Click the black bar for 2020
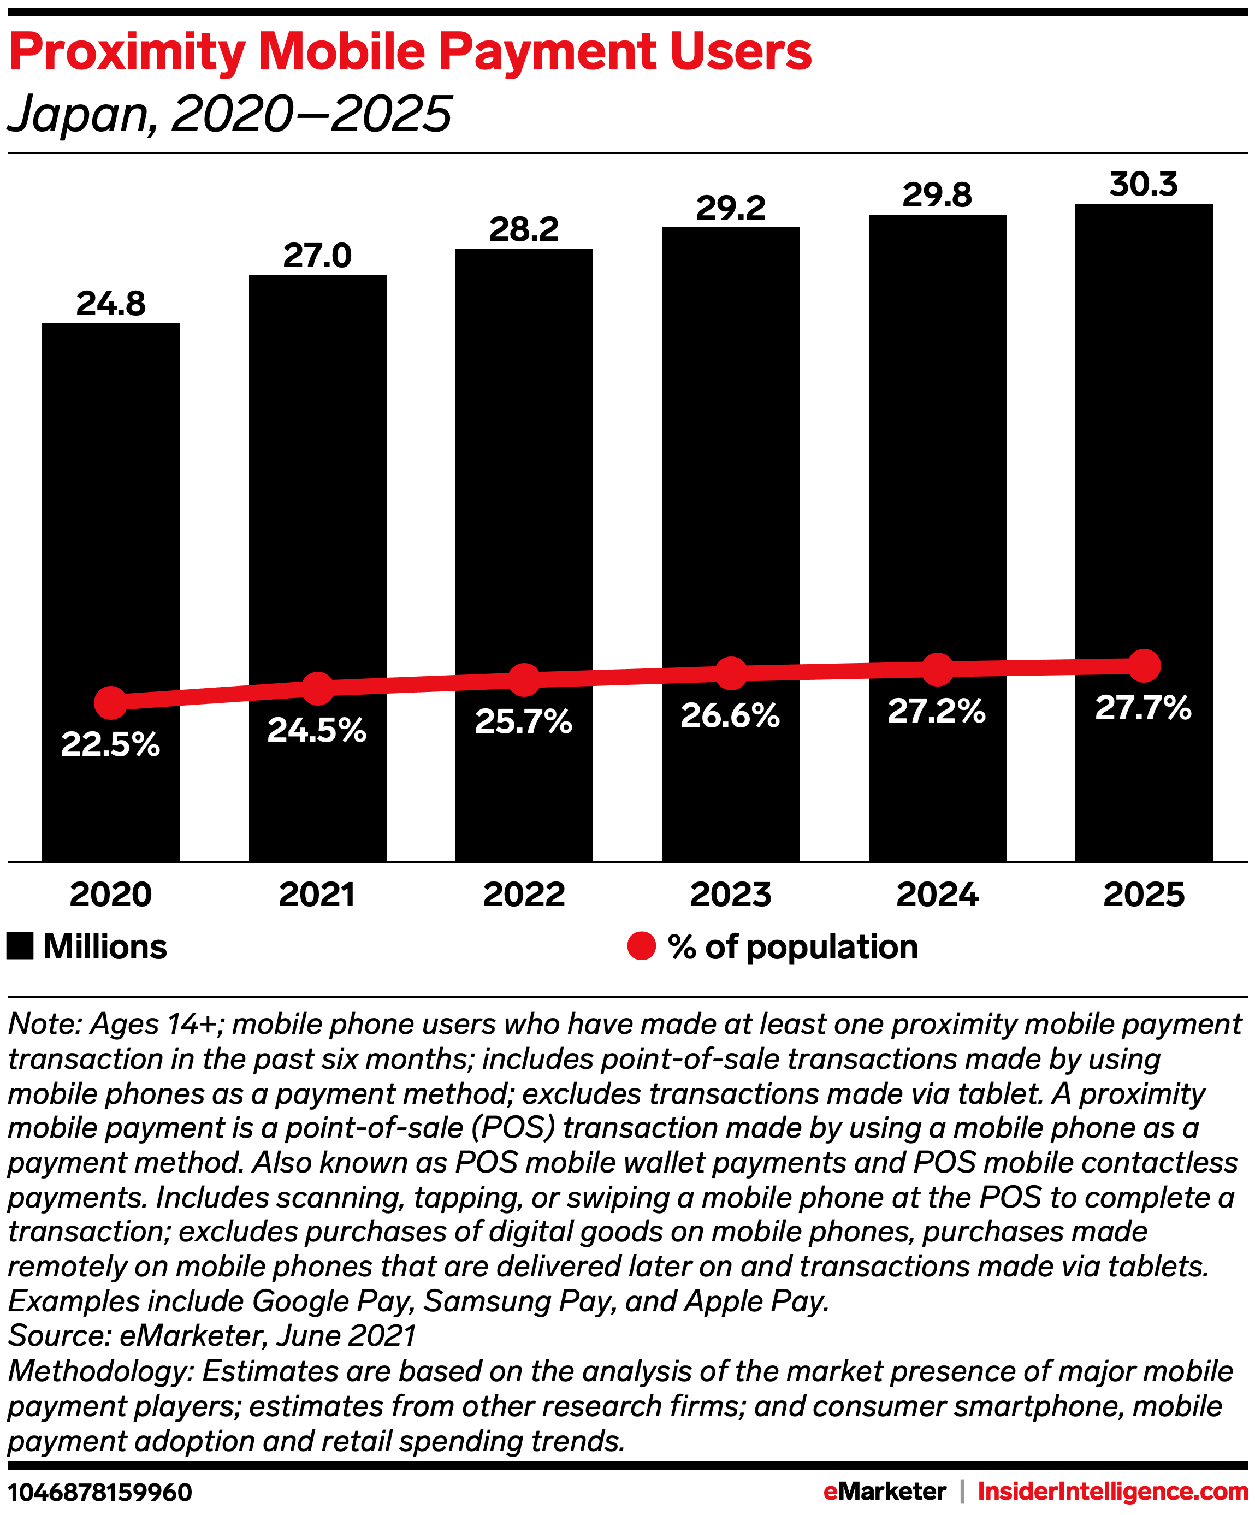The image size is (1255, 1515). pos(110,505)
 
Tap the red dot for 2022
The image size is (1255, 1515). pos(524,679)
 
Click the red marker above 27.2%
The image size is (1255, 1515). pos(937,670)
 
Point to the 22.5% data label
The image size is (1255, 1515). pos(110,744)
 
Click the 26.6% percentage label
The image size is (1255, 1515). pos(730,715)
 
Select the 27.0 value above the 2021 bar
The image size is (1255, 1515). pos(317,256)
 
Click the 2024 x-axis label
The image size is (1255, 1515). pos(937,895)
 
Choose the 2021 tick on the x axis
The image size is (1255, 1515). pos(317,895)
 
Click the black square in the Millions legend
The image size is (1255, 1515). pos(20,946)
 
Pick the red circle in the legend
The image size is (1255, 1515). pos(641,946)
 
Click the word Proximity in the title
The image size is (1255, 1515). pos(127,52)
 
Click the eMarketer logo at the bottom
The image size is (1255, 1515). pos(884,1491)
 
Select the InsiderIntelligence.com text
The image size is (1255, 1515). pos(1112,1491)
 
